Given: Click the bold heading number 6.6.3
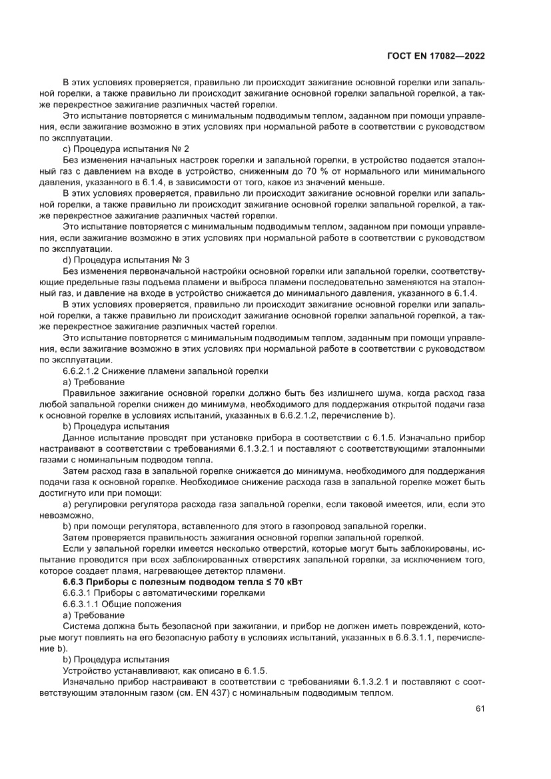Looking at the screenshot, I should (75, 582).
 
